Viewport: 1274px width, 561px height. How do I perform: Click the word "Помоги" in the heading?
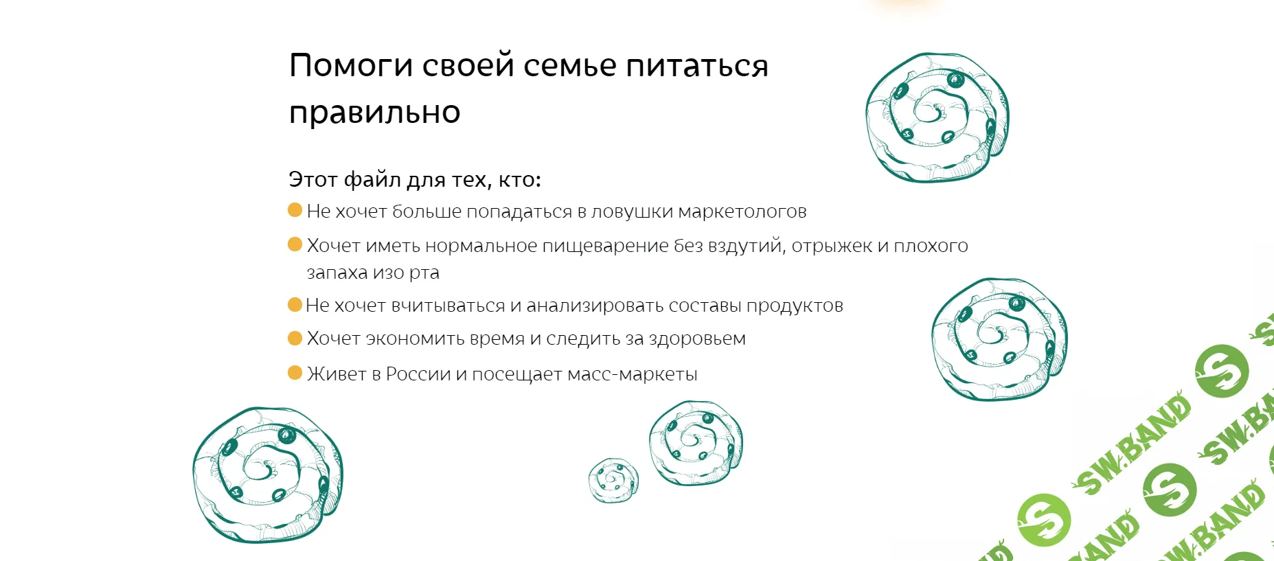tap(351, 67)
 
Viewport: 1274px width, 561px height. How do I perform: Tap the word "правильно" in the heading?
tap(374, 113)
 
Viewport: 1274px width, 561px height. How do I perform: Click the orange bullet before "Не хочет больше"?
tap(295, 210)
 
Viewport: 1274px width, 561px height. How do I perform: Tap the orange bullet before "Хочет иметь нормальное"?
tap(295, 244)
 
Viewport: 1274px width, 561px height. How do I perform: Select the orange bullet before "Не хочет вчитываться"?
tap(295, 304)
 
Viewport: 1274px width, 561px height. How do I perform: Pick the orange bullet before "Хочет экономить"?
tap(295, 338)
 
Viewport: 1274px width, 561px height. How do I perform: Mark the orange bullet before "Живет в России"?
tap(295, 373)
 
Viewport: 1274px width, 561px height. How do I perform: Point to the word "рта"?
tap(424, 273)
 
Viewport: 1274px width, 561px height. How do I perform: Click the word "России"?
tap(418, 374)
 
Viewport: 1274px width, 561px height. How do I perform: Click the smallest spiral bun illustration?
tap(613, 480)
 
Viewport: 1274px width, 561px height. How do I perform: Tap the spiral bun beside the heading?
tap(937, 117)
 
